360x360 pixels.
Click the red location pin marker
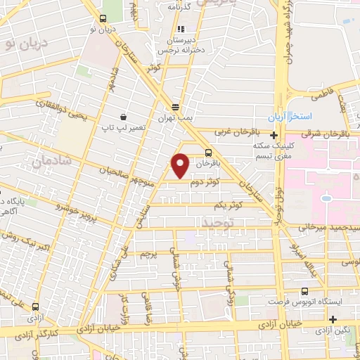click(181, 165)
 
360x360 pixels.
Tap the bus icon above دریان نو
click(103, 19)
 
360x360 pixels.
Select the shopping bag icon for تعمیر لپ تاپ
click(124, 117)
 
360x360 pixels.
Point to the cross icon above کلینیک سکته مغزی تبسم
click(273, 134)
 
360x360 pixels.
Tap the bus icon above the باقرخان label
click(208, 152)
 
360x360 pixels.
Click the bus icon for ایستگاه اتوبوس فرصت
click(304, 291)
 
